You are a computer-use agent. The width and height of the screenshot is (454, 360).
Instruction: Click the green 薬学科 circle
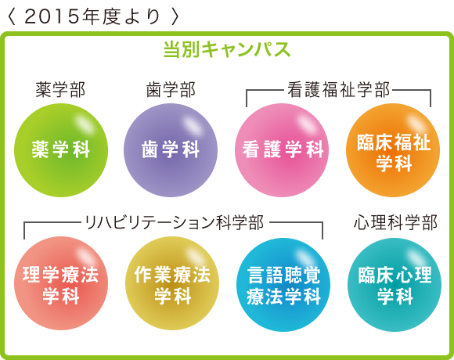point(61,150)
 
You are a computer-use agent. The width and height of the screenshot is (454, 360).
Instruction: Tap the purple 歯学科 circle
point(171,150)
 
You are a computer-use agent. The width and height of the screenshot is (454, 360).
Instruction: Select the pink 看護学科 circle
point(282,150)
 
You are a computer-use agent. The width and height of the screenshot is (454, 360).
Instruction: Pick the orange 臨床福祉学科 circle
point(393,150)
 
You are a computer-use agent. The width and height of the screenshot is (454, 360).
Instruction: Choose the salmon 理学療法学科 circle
point(61,283)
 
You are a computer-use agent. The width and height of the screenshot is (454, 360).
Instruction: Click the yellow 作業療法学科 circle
point(172,283)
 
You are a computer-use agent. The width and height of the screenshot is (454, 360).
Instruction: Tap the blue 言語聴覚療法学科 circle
point(283,284)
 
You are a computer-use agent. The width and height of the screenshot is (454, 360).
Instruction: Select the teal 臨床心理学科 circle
point(395,284)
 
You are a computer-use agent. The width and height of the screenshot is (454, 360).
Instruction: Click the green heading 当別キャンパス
point(227,49)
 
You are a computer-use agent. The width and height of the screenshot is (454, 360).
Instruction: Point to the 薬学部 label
point(60,89)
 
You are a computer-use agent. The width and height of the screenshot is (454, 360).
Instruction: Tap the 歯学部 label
point(171,89)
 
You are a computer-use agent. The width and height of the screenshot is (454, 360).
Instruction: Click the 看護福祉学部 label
point(338,89)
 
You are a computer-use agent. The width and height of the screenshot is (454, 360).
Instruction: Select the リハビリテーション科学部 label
point(175,222)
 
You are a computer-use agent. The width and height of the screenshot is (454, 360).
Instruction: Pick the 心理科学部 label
point(395,222)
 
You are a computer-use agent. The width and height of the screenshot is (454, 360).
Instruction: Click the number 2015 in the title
point(52,16)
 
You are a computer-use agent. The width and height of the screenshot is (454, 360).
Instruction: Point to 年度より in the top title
point(121,16)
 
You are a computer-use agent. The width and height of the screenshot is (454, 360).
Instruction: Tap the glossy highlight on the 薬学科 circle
point(84,124)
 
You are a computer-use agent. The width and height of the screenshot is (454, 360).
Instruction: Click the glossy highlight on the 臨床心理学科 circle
point(417,258)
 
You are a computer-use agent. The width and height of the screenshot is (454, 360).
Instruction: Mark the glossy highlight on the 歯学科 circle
point(193,124)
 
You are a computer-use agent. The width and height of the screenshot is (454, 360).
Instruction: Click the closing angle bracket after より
point(175,16)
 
